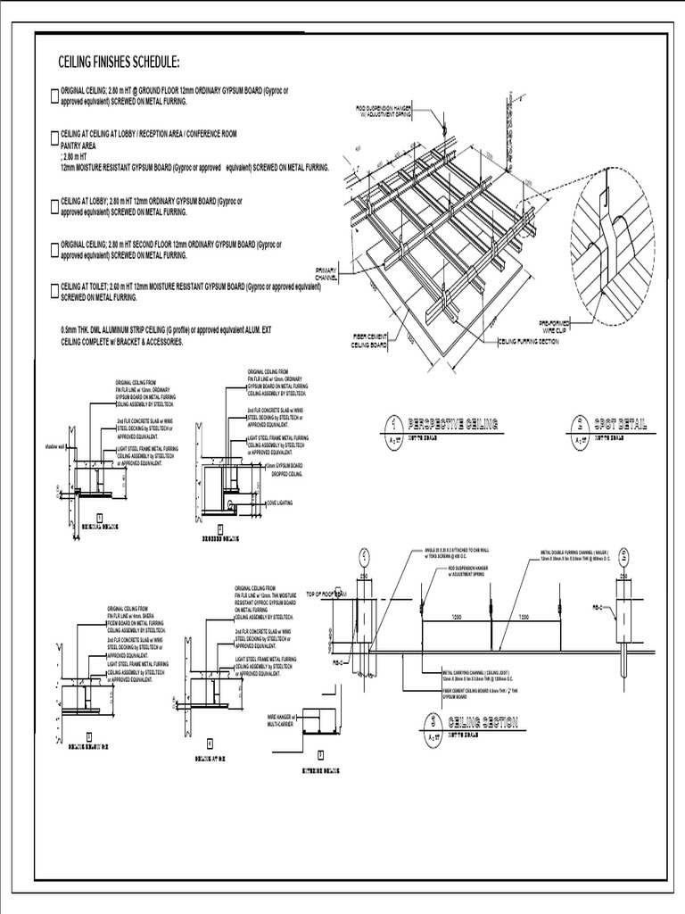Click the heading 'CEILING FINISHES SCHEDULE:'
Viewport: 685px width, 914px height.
point(119,62)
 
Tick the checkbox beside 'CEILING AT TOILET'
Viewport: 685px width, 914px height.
point(55,289)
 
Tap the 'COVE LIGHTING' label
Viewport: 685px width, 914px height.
point(282,503)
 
